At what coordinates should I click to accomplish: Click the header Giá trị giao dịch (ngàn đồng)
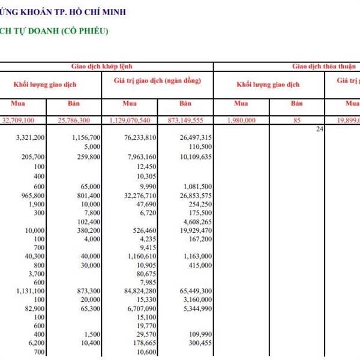pyautogui.click(x=157, y=80)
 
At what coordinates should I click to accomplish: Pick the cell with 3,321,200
pyautogui.click(x=29, y=137)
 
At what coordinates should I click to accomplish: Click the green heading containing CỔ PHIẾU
pyautogui.click(x=54, y=31)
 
